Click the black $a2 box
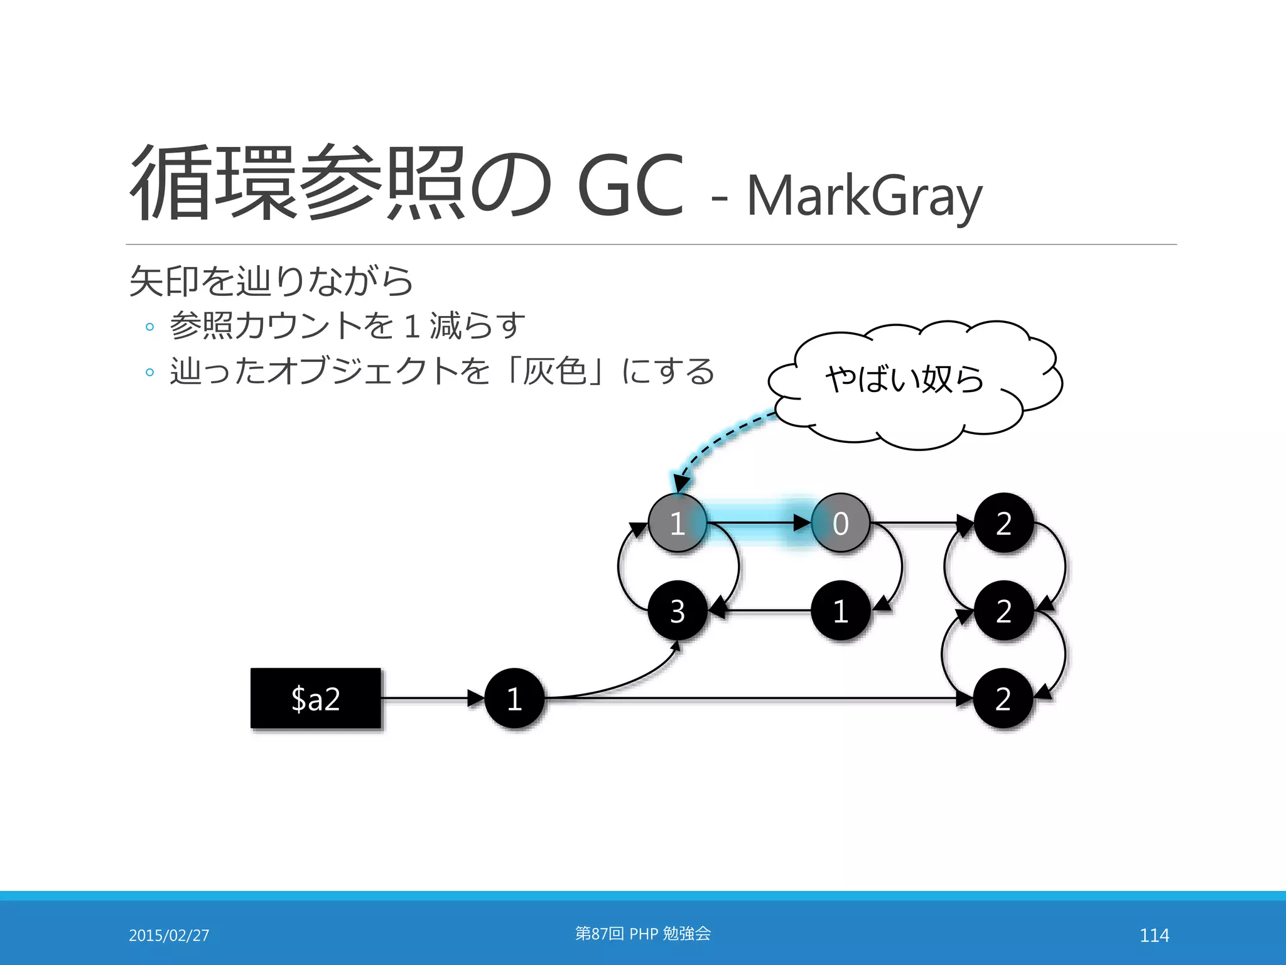point(316,698)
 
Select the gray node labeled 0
point(840,523)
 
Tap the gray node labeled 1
point(677,523)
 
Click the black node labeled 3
point(677,611)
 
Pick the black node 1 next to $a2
point(514,698)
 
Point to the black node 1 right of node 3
point(840,611)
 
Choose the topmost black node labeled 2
point(1003,523)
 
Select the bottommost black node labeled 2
point(1003,698)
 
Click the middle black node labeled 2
point(1003,611)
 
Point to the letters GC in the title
point(630,186)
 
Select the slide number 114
point(1154,935)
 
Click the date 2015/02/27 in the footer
point(169,935)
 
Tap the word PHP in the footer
point(644,934)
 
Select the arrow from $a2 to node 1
point(432,698)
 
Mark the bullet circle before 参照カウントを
point(149,327)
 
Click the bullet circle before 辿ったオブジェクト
point(149,372)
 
